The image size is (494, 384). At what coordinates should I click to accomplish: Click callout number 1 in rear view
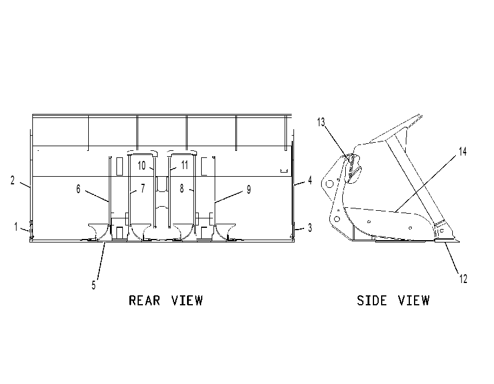point(16,227)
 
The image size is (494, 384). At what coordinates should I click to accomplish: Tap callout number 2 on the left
point(12,180)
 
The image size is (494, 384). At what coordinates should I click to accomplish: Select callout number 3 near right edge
point(310,228)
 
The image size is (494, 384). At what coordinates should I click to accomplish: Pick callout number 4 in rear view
point(310,180)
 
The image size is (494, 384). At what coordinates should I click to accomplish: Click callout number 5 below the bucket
point(94,285)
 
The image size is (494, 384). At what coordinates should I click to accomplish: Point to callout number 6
point(78,189)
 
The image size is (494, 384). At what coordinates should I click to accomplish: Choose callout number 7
point(143,188)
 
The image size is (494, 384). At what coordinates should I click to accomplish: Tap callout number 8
point(182,188)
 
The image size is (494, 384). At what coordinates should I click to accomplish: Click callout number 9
point(249,190)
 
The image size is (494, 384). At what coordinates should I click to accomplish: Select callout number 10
point(142,166)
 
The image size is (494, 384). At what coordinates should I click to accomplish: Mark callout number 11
point(185,165)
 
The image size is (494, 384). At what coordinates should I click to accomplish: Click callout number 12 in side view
point(463,279)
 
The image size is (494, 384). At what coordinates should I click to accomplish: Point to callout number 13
point(321,122)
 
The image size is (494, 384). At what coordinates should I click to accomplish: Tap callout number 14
point(462,151)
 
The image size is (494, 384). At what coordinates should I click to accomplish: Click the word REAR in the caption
point(145,301)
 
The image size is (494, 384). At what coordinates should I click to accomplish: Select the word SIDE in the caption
point(372,301)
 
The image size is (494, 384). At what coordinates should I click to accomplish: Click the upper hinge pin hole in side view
point(329,184)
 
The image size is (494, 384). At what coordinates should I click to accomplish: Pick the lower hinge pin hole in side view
point(337,219)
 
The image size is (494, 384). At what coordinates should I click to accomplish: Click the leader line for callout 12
point(452,258)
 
